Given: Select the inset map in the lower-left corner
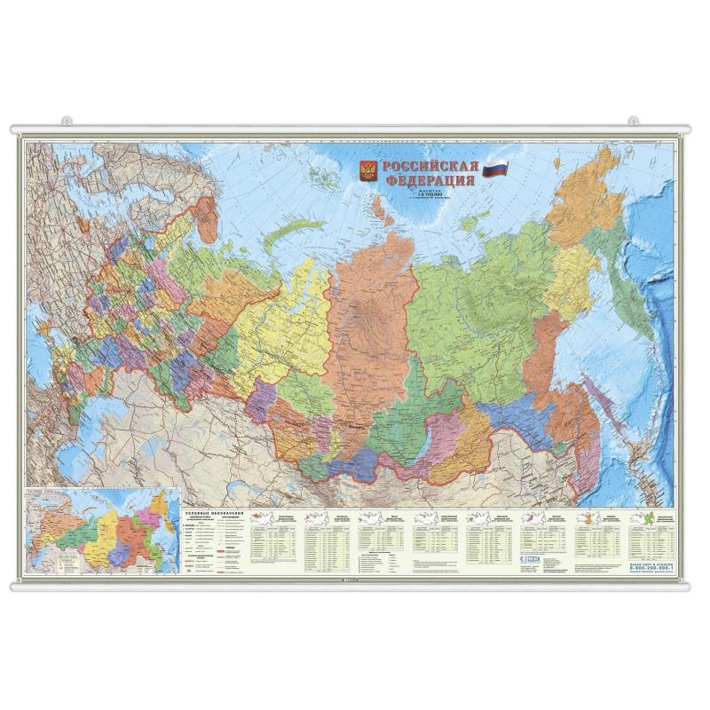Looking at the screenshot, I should [x=99, y=532].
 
